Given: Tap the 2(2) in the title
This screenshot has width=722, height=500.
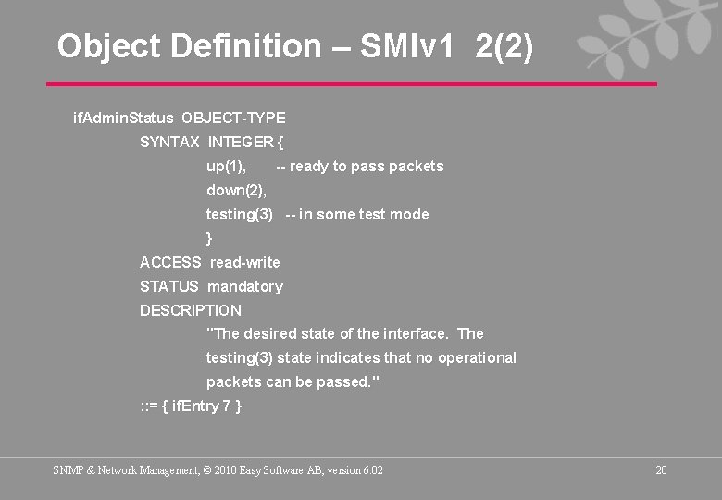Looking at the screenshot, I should pyautogui.click(x=504, y=45).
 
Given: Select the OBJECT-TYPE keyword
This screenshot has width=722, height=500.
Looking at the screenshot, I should pyautogui.click(x=233, y=118).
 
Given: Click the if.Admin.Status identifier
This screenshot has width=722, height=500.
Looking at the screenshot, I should pyautogui.click(x=123, y=118).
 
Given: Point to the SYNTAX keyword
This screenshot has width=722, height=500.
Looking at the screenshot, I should pyautogui.click(x=169, y=142).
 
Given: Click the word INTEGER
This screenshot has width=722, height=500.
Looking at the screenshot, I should pyautogui.click(x=241, y=142).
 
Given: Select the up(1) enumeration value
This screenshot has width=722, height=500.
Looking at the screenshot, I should pyautogui.click(x=226, y=166).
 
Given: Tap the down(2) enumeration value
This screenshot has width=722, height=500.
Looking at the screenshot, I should pyautogui.click(x=236, y=190).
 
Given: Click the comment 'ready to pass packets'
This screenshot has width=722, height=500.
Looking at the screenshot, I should pyautogui.click(x=360, y=166).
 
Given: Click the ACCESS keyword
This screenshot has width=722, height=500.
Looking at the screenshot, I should pyautogui.click(x=170, y=262).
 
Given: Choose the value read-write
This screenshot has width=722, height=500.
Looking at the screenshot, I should pyautogui.click(x=245, y=262).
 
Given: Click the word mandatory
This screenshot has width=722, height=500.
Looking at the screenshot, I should pyautogui.click(x=245, y=286).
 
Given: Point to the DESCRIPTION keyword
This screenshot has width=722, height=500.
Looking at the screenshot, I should pyautogui.click(x=191, y=310).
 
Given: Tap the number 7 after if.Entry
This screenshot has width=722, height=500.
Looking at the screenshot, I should pyautogui.click(x=227, y=406).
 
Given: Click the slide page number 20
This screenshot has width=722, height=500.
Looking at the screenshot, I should pyautogui.click(x=661, y=470).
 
